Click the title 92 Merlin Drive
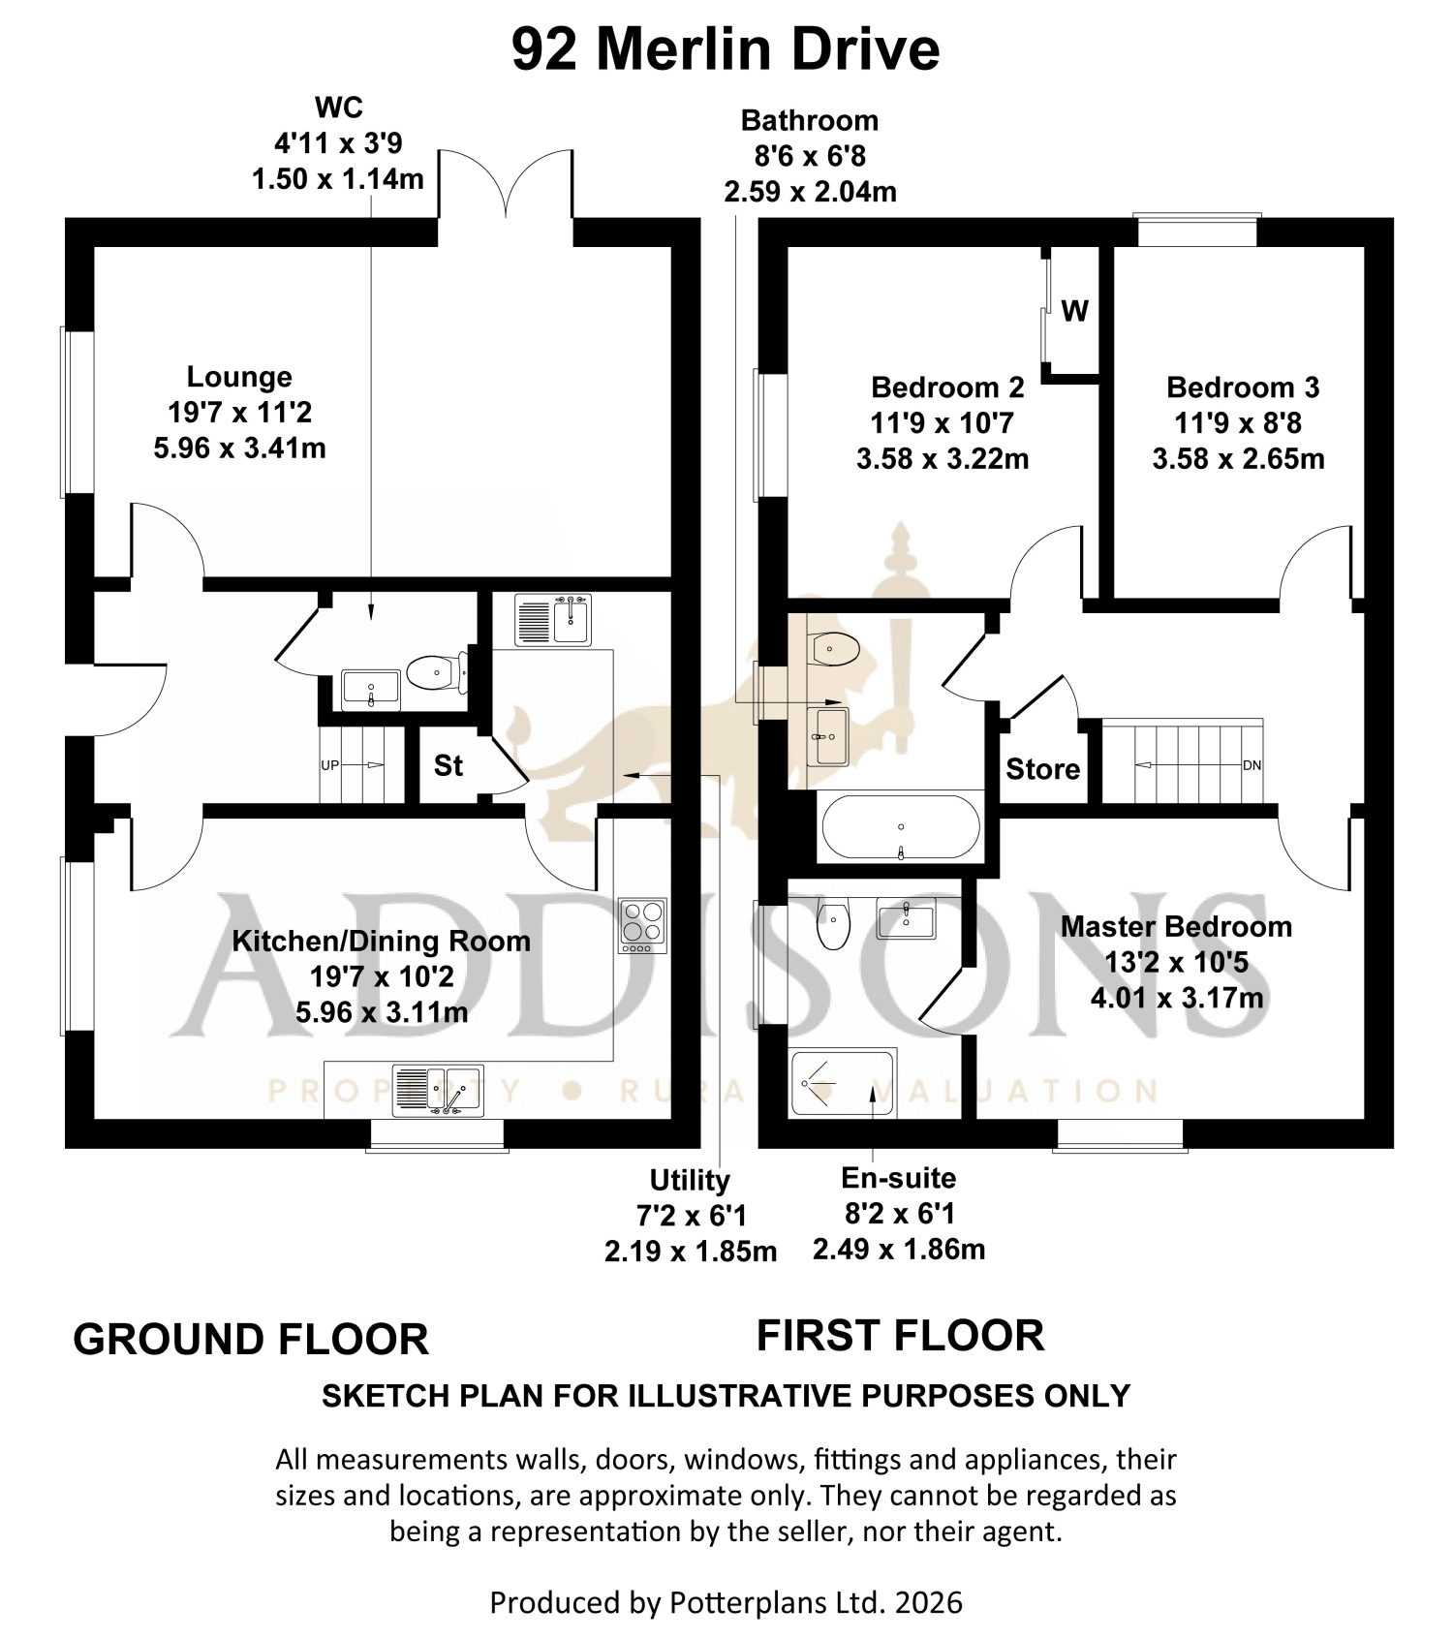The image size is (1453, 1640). tap(726, 49)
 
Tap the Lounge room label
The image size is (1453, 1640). tap(239, 377)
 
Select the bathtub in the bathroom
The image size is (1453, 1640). tap(901, 827)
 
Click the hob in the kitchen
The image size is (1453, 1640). tap(642, 926)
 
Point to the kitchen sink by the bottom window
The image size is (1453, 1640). tap(438, 1091)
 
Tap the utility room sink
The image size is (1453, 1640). tap(553, 620)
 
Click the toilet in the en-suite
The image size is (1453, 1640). tap(833, 923)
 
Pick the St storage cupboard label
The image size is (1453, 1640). tap(448, 765)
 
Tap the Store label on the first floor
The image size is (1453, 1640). tap(1042, 769)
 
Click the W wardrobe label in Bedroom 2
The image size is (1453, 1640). tap(1075, 311)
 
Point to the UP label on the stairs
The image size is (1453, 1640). tap(330, 765)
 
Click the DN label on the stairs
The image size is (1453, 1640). tap(1252, 765)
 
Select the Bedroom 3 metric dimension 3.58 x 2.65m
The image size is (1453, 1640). tap(1238, 458)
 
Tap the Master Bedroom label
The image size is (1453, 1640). tap(1176, 926)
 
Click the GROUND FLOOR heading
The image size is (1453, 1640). tap(251, 1340)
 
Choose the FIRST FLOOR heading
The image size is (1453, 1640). tap(901, 1335)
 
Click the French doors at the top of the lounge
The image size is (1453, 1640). tap(506, 184)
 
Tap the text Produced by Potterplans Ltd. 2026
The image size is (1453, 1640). tap(726, 1602)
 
